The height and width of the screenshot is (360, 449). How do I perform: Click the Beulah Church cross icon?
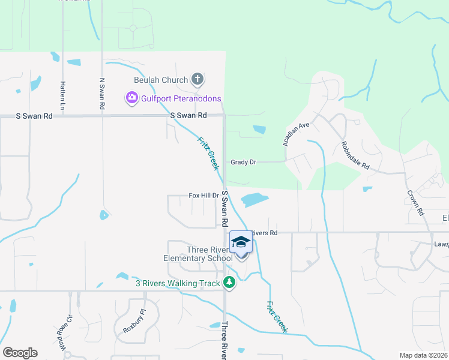point(197,79)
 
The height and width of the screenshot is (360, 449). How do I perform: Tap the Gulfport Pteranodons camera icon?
point(131,98)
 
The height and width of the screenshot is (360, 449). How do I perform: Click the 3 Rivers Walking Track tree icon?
point(228,282)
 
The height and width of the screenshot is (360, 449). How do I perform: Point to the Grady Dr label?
point(243,162)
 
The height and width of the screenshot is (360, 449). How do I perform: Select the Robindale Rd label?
point(355,155)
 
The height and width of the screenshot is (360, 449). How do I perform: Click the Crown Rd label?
point(415,203)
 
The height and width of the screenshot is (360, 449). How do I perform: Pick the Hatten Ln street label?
point(62,92)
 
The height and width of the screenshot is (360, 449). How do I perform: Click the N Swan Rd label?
point(102,93)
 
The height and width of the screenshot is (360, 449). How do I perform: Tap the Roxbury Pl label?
point(134,320)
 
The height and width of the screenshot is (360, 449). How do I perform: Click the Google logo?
point(20,353)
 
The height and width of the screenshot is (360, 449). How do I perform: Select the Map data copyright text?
point(423,355)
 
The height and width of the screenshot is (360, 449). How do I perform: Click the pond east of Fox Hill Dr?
point(255,199)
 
